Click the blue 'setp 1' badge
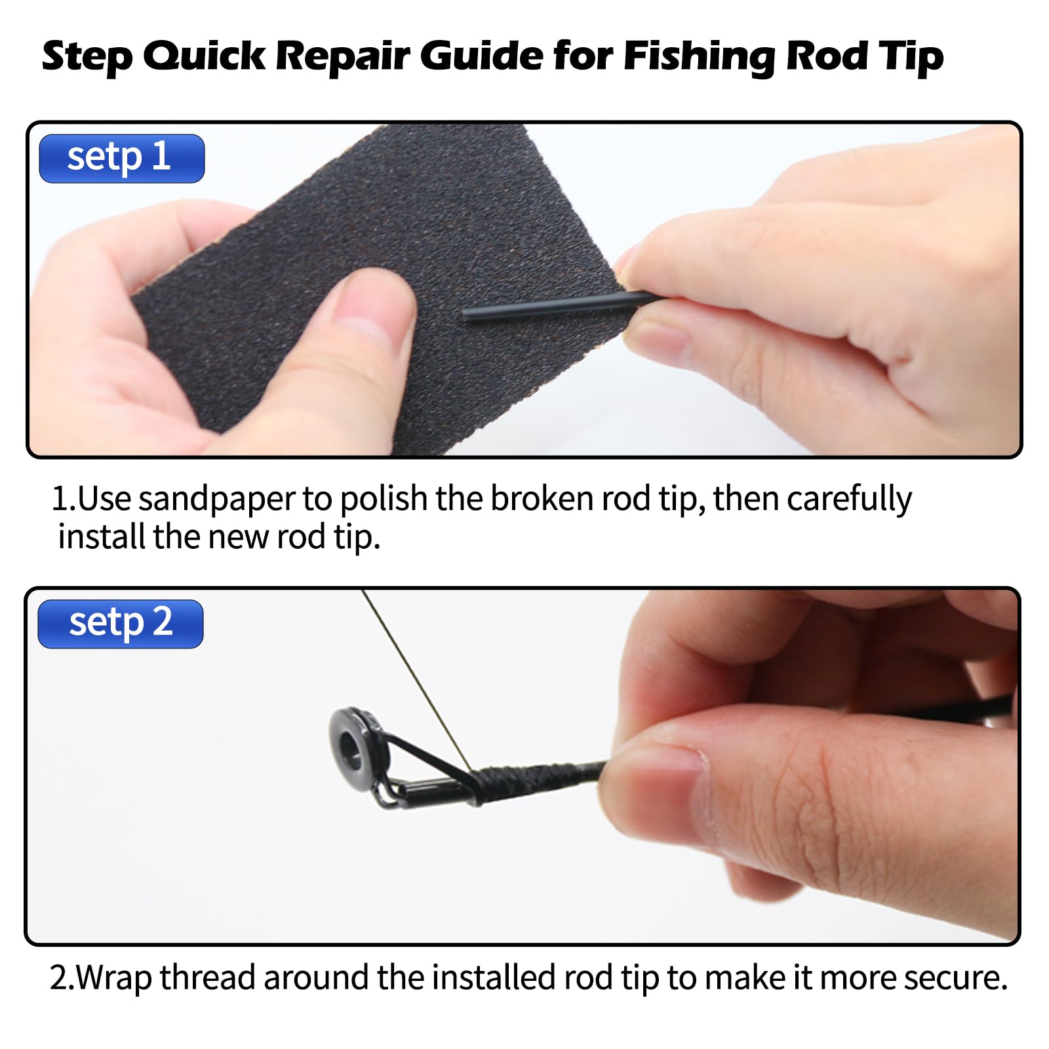(x=122, y=159)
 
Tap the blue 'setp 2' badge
(x=121, y=624)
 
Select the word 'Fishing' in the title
(x=699, y=57)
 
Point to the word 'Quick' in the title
(x=205, y=56)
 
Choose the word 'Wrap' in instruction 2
(x=113, y=979)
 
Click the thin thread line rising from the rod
(x=416, y=679)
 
